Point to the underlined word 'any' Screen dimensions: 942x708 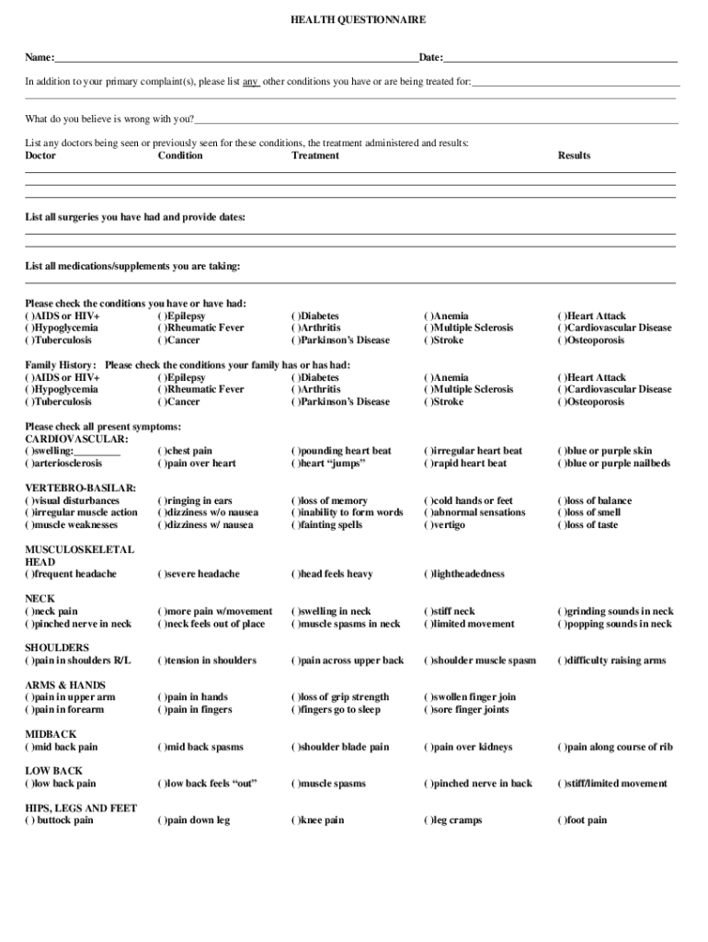250,82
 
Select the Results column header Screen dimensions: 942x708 574,155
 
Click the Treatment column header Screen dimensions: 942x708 315,155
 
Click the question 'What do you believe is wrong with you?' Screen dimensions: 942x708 109,119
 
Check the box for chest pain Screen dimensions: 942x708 162,452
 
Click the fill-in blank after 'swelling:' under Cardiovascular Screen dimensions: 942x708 97,452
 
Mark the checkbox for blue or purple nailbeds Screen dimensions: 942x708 562,464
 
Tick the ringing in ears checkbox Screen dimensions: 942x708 162,501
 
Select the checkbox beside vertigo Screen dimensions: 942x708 428,525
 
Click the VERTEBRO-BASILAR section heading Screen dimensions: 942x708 81,488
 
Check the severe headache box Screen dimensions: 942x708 162,574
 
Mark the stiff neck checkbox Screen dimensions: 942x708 428,612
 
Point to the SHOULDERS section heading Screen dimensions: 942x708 57,648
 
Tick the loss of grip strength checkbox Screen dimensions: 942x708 295,697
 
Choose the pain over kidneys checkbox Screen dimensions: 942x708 428,748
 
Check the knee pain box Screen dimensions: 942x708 295,821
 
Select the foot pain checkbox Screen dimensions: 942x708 562,821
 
